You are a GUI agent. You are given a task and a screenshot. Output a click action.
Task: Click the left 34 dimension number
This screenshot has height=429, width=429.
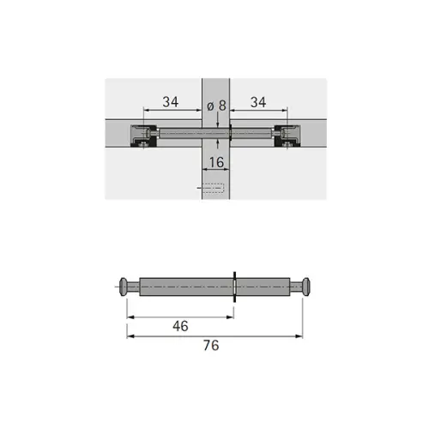click(171, 102)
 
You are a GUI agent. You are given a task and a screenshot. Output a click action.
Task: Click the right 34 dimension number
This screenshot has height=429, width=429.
click(258, 102)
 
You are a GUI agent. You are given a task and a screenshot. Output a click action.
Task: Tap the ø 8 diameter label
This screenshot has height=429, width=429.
click(216, 106)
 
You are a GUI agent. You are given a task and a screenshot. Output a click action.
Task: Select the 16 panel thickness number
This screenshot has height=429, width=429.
click(216, 162)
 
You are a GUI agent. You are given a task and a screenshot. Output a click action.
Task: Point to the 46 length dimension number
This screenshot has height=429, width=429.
click(180, 326)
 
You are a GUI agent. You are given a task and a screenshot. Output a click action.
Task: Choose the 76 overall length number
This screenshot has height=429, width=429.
click(211, 345)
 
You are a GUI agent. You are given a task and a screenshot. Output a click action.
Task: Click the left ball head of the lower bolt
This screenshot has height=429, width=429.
click(124, 287)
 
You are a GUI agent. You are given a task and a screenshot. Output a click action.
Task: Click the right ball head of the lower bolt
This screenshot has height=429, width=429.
click(306, 287)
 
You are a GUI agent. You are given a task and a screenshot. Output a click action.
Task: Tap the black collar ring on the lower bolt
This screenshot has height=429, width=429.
click(235, 287)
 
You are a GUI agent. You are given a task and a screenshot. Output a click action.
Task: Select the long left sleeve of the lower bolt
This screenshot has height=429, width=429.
click(186, 287)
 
